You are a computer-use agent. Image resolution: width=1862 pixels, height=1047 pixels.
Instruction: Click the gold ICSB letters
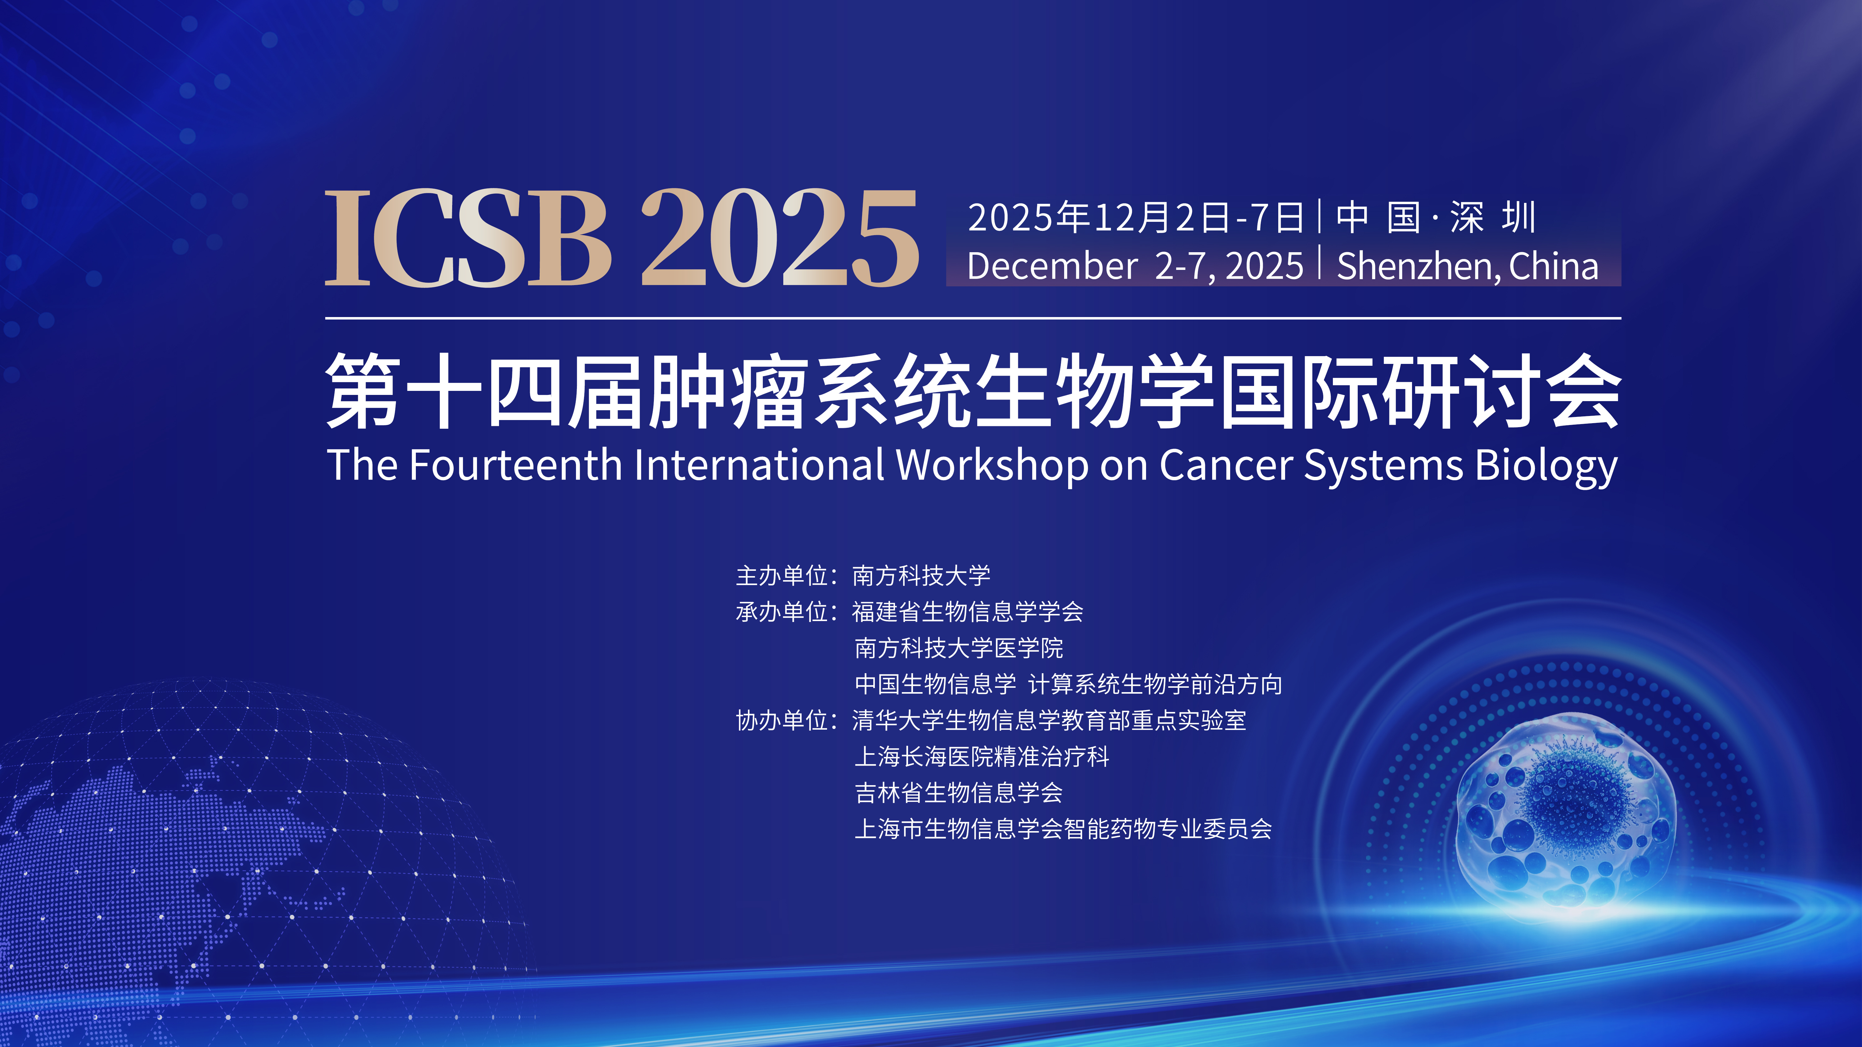pos(468,239)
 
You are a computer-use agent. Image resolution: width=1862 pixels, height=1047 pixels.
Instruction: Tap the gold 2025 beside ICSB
pos(779,239)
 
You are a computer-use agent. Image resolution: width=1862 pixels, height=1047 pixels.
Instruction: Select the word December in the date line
pos(1052,266)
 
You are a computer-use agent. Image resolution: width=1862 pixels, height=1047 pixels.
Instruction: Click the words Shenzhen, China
pos(1467,266)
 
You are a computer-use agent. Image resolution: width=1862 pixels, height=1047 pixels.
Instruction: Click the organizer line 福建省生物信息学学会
pos(967,612)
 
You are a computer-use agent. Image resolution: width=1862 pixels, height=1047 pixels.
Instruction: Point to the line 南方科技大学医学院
pos(959,648)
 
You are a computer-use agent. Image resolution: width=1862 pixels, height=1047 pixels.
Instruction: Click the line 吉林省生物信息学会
pos(959,793)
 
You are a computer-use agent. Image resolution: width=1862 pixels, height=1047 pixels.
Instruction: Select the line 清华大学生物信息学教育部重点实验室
pos(1049,720)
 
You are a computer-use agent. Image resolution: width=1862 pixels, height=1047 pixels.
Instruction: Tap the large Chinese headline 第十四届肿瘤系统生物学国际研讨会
pos(972,391)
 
